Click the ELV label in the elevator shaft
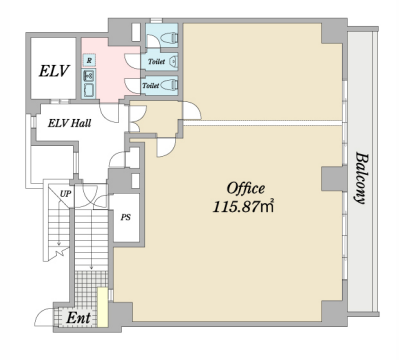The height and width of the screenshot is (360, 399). [54, 71]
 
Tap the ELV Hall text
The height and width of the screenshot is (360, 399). [69, 123]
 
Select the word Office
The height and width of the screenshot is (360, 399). [246, 189]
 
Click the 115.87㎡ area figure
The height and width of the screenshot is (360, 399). [243, 207]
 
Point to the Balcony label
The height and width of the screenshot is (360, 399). [361, 178]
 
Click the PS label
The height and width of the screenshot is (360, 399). [126, 217]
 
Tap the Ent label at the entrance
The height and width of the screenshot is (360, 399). [78, 318]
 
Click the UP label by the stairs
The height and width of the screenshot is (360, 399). [66, 194]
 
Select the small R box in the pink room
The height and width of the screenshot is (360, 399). [89, 60]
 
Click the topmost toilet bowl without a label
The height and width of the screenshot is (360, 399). [170, 38]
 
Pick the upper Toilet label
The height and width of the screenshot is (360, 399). [156, 61]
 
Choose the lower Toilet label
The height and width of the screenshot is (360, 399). [150, 85]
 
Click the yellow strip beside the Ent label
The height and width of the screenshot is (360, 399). [103, 307]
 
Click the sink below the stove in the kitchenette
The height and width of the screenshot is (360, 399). [89, 90]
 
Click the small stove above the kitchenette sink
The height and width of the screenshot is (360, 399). [89, 76]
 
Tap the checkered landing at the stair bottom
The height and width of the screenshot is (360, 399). [91, 288]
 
